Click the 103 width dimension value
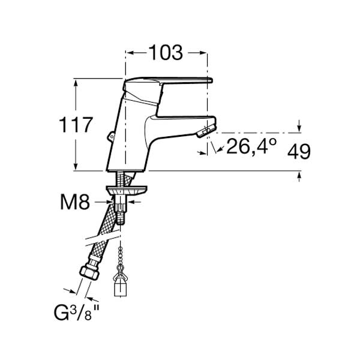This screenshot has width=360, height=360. pyautogui.click(x=166, y=53)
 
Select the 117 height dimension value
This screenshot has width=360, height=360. pyautogui.click(x=76, y=125)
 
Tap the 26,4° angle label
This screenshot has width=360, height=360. pyautogui.click(x=251, y=146)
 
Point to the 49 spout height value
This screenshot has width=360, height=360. pyautogui.click(x=299, y=151)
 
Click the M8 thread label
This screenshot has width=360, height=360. pyautogui.click(x=75, y=202)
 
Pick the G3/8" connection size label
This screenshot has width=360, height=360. pyautogui.click(x=76, y=313)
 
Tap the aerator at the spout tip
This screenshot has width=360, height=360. pyautogui.click(x=206, y=130)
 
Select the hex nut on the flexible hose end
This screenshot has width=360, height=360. pyautogui.click(x=89, y=272)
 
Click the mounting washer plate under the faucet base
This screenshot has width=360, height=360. pyautogui.click(x=127, y=190)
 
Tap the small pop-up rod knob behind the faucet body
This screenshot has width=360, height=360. pyautogui.click(x=111, y=136)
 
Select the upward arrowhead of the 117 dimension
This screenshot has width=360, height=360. pyautogui.click(x=76, y=83)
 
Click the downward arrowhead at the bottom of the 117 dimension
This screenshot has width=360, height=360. pyautogui.click(x=76, y=166)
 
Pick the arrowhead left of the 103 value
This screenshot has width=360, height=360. pyautogui.click(x=131, y=53)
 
